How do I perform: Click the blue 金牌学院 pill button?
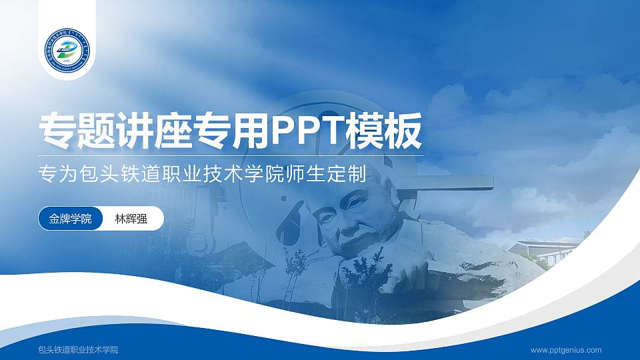click(x=70, y=219)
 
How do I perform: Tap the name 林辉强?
click(x=129, y=219)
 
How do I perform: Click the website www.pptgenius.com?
click(x=566, y=350)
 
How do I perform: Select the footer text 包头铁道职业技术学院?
click(x=78, y=350)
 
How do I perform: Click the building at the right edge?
click(x=543, y=250)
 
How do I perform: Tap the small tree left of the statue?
click(x=293, y=273)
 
